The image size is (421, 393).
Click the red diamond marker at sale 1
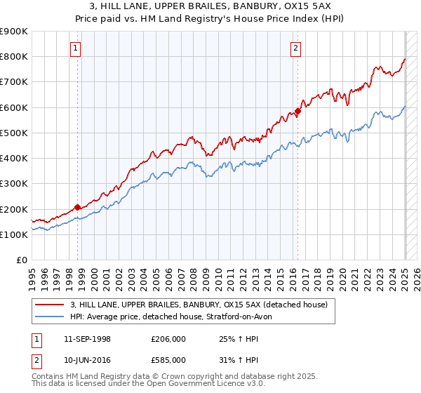pos(77,207)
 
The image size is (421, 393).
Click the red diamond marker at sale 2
pos(298,111)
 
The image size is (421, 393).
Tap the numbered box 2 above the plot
pos(296,48)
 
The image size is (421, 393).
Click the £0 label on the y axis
pos(22,260)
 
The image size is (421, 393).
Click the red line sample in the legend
pos(50,305)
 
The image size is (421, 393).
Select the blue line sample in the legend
pos(50,317)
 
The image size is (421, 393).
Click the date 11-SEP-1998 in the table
pos(91,339)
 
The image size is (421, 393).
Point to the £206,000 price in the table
pos(169,339)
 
